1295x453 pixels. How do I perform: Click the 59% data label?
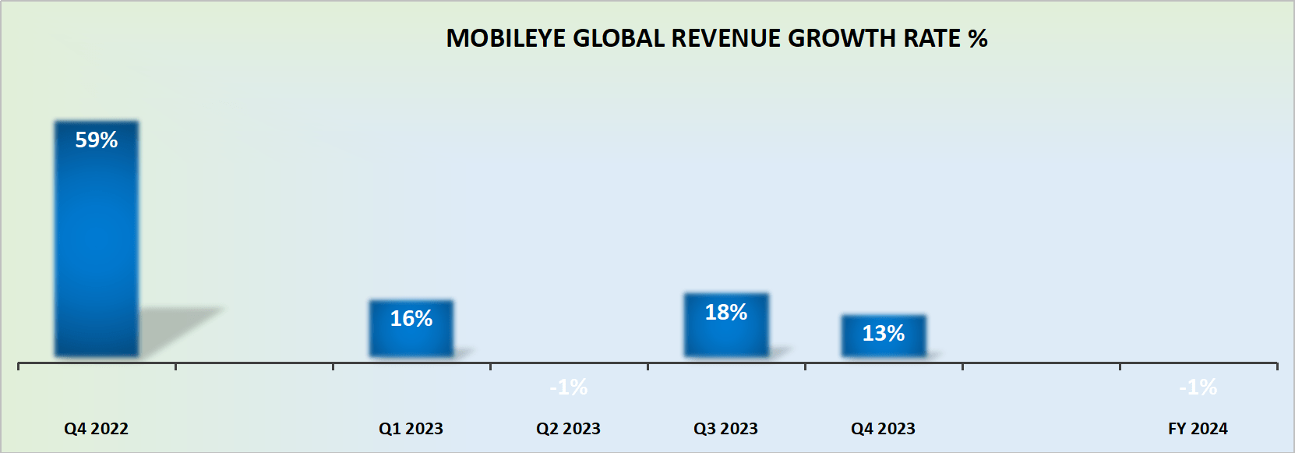pos(96,140)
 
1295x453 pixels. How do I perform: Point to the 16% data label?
pos(411,319)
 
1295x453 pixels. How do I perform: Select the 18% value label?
pos(725,313)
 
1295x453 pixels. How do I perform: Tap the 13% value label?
pos(883,334)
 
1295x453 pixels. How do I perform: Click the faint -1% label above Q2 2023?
pos(568,388)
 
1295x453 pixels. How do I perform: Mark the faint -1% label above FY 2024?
pos(1198,388)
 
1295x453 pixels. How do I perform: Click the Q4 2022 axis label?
pos(96,429)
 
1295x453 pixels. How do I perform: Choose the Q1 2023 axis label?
pos(411,429)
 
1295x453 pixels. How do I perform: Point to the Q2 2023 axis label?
pos(568,429)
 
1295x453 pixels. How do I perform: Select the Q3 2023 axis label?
pos(725,429)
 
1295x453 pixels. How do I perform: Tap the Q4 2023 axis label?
pos(883,429)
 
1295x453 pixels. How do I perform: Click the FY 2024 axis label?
pos(1198,429)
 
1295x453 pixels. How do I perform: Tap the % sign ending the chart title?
pos(978,39)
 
